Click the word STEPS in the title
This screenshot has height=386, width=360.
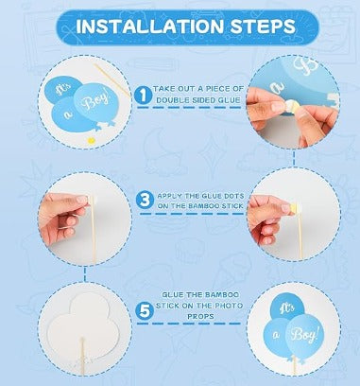pyautogui.click(x=263, y=26)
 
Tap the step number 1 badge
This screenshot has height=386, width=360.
pyautogui.click(x=143, y=95)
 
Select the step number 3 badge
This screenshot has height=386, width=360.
pyautogui.click(x=145, y=200)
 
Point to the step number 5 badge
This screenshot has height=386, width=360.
pyautogui.click(x=145, y=311)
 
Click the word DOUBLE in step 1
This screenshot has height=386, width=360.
pyautogui.click(x=173, y=100)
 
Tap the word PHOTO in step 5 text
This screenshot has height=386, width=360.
pyautogui.click(x=229, y=306)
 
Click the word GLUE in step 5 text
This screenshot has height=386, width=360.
pyautogui.click(x=173, y=295)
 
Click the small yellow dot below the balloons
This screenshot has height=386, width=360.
pyautogui.click(x=91, y=140)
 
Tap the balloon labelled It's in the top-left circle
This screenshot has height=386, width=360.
pyautogui.click(x=64, y=89)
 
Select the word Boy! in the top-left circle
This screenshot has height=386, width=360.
pyautogui.click(x=95, y=100)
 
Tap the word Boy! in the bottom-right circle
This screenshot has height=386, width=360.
pyautogui.click(x=303, y=334)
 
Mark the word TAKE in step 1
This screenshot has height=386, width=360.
pyautogui.click(x=163, y=89)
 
